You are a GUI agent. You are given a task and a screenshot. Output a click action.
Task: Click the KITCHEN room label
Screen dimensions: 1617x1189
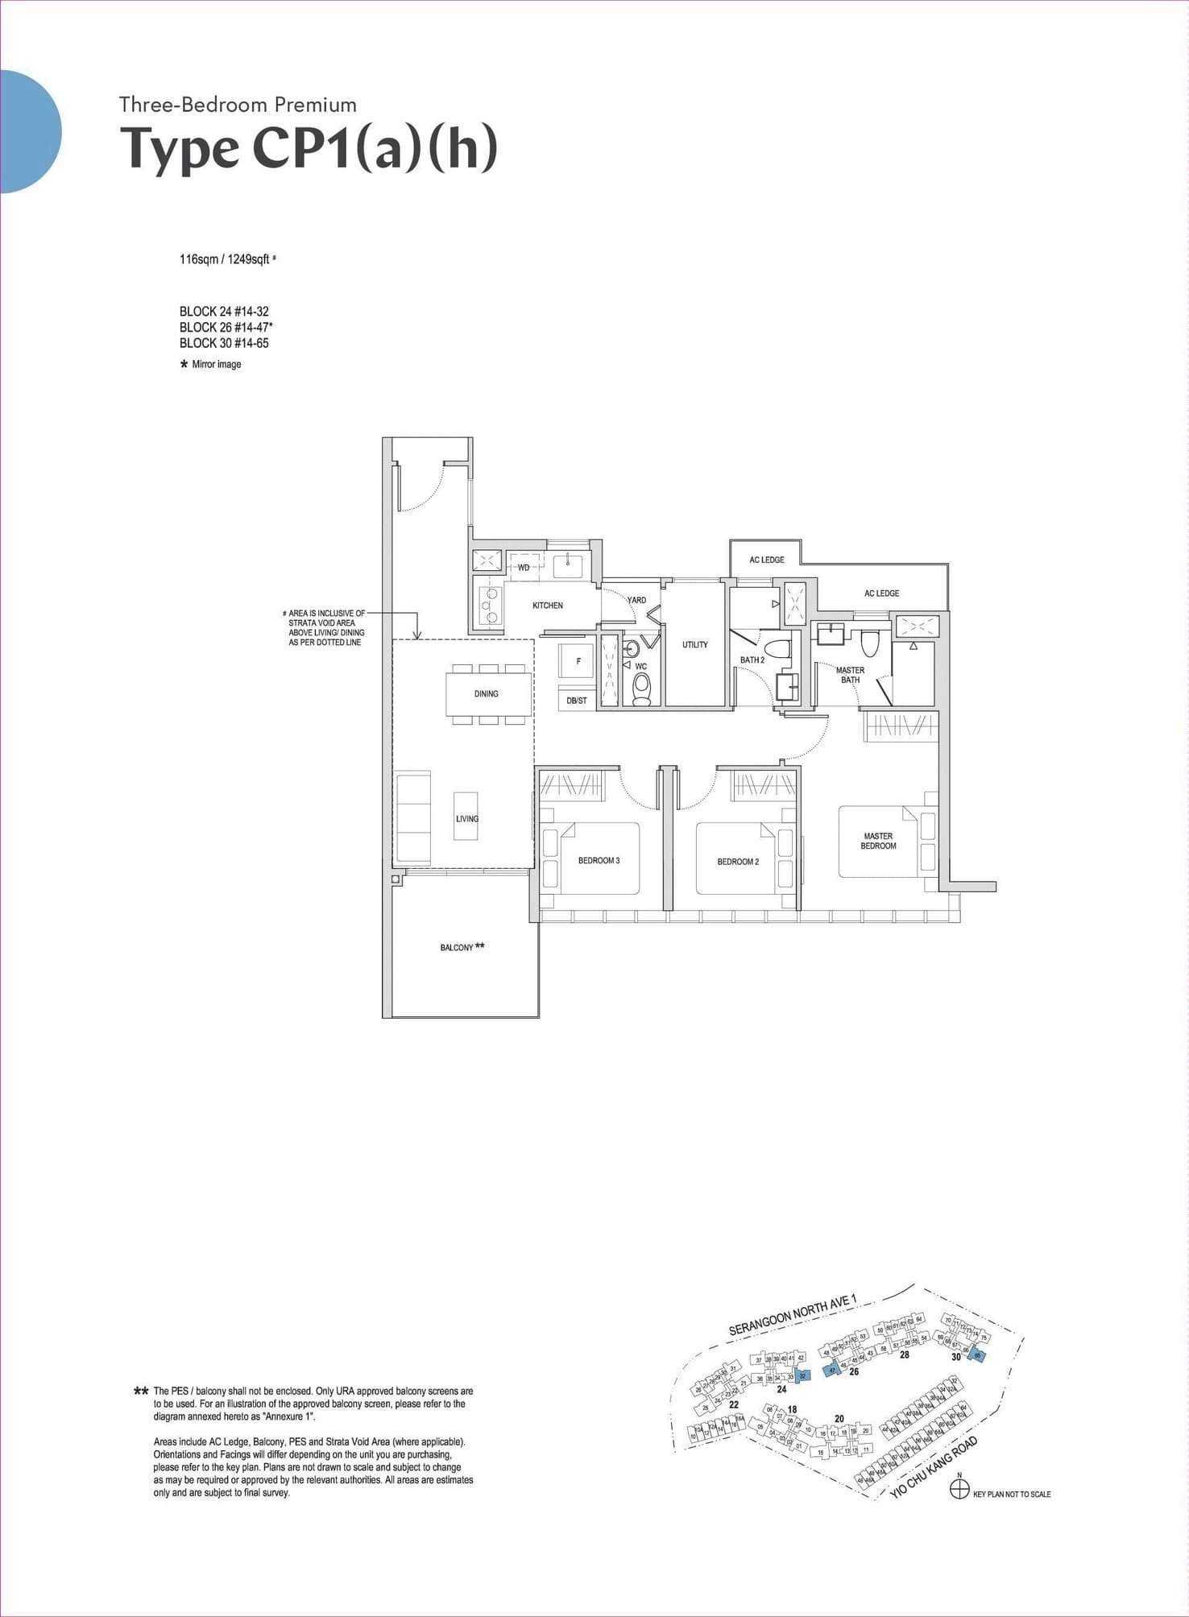coord(547,605)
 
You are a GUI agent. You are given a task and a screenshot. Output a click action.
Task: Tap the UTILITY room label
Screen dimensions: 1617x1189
coord(694,644)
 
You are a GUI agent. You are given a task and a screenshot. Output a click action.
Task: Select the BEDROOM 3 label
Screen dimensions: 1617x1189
coord(599,860)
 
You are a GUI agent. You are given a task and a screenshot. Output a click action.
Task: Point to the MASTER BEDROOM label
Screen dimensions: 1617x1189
coord(877,841)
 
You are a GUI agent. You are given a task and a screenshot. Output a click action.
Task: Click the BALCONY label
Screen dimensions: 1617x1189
coord(457,947)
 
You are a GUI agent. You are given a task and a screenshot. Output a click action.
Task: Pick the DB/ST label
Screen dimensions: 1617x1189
coord(576,701)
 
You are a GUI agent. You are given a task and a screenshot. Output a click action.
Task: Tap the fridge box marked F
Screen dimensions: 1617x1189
coord(578,661)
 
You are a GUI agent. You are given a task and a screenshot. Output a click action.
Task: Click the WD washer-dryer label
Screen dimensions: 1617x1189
coord(524,567)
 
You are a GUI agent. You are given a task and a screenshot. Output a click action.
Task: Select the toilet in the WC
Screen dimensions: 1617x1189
coord(641,689)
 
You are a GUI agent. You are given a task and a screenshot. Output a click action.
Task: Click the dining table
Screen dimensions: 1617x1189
coord(487,693)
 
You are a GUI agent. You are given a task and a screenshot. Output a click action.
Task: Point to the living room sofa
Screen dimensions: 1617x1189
coord(412,817)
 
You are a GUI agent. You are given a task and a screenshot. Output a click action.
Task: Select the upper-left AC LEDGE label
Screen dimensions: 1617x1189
coord(766,560)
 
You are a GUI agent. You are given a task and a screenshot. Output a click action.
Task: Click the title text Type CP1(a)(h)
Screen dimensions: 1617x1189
coord(309,149)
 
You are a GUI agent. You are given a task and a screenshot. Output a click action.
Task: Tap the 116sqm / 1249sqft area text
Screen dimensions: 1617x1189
coord(225,259)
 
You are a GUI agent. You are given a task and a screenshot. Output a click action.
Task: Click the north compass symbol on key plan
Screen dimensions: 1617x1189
coord(959,1490)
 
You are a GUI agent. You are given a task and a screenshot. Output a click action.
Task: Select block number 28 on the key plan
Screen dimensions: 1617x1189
coord(905,1354)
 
